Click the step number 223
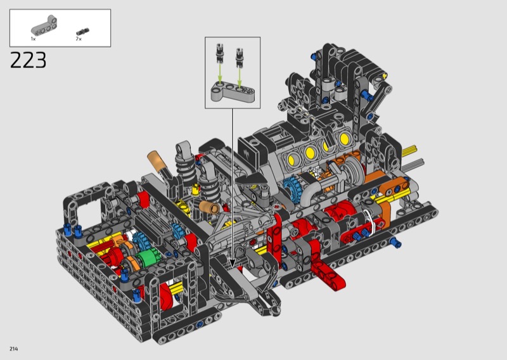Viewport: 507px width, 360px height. (29, 60)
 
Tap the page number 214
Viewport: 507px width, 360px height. (13, 349)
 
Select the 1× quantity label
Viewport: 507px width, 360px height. (33, 39)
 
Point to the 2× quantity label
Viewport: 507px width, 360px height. (79, 39)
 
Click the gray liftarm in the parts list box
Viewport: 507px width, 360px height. (44, 25)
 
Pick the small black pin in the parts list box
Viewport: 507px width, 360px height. (82, 32)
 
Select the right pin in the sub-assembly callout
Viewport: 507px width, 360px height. (240, 58)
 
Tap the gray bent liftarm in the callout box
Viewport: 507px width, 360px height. (232, 92)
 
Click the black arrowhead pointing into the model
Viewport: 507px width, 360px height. (232, 263)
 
